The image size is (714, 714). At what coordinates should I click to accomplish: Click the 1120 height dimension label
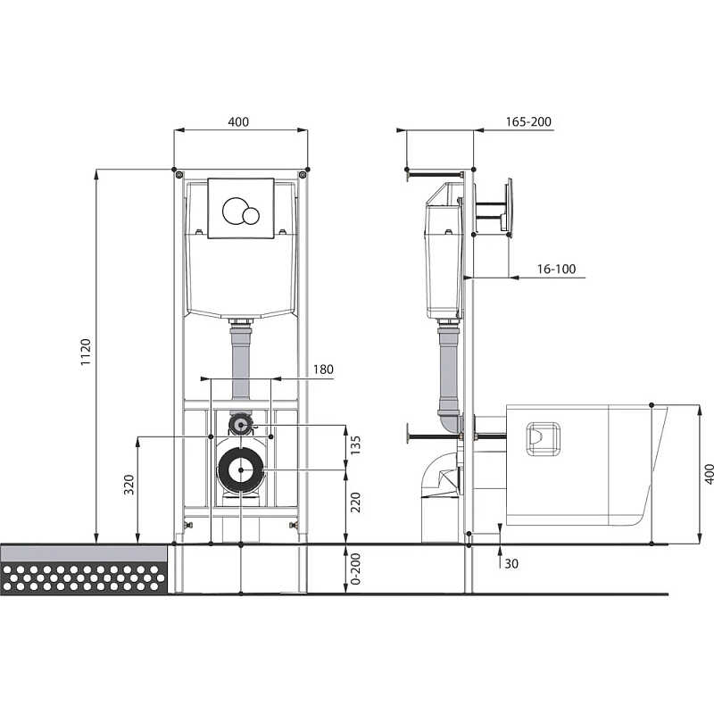[86, 352]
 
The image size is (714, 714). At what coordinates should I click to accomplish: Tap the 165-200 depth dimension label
[528, 121]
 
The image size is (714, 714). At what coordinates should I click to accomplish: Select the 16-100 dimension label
[556, 269]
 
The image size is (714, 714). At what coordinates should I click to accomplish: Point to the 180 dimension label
[323, 369]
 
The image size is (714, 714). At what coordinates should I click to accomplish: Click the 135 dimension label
[355, 445]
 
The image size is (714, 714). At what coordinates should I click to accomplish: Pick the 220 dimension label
[355, 502]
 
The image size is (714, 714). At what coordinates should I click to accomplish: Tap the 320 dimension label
[129, 485]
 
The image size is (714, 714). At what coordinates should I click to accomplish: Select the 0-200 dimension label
[355, 569]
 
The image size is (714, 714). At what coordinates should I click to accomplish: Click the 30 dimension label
[511, 564]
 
